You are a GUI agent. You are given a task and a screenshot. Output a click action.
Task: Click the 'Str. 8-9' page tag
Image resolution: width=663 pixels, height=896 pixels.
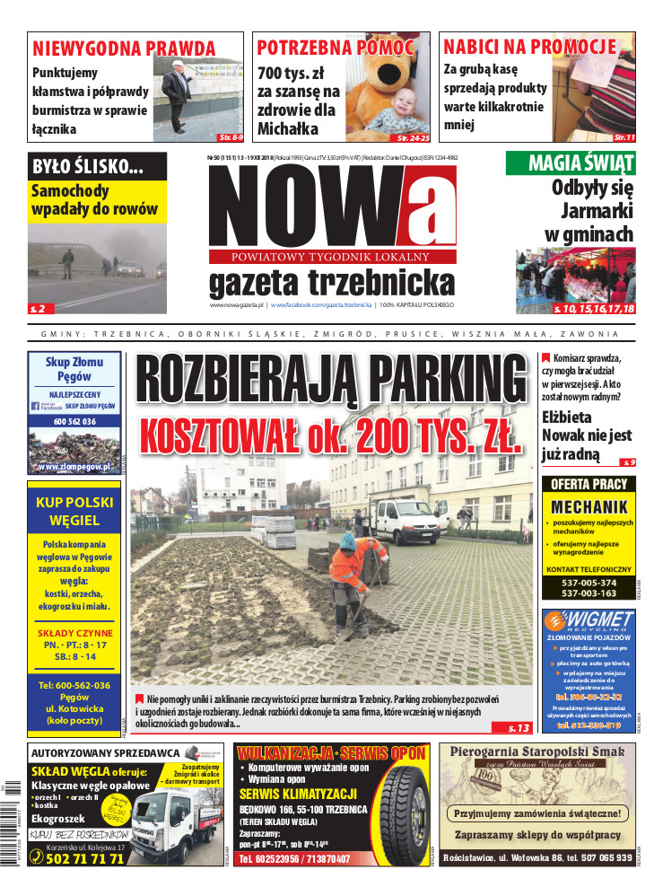click(x=231, y=138)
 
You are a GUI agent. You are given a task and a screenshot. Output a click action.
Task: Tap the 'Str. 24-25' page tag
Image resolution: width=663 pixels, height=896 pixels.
click(x=414, y=138)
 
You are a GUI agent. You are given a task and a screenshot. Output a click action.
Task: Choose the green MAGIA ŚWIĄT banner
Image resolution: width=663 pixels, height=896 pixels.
click(x=571, y=163)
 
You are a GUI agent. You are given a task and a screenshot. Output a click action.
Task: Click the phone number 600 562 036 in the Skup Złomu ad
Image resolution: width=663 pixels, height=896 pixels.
click(x=78, y=422)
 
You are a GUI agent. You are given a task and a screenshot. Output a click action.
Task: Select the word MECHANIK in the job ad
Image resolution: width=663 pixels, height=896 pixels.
click(x=589, y=506)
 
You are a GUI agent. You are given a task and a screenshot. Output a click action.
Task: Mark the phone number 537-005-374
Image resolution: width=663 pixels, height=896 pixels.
click(x=589, y=582)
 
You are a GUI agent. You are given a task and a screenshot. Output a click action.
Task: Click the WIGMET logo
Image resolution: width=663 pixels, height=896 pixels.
click(x=589, y=620)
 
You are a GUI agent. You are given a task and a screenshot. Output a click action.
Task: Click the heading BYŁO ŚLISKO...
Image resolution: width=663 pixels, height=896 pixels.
click(x=88, y=166)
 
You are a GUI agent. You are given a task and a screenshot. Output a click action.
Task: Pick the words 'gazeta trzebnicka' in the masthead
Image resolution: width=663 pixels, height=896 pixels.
click(x=331, y=283)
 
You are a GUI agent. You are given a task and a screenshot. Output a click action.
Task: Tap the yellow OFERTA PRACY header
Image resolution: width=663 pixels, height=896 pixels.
click(x=589, y=484)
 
